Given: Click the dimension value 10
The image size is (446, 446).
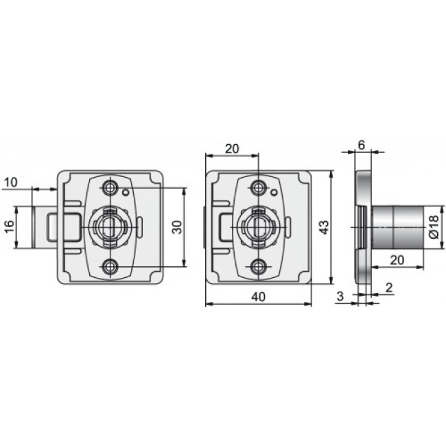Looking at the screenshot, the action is (11, 183).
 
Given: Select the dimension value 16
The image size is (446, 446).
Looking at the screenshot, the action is (10, 226).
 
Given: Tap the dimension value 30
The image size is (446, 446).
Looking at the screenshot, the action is (177, 226).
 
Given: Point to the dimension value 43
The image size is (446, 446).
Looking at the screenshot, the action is (324, 226).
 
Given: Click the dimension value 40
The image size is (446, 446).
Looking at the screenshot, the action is (258, 297).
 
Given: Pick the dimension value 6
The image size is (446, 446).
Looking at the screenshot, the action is (361, 145).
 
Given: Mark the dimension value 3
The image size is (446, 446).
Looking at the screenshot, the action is (340, 296).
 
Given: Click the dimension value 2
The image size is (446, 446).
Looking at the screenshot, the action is (389, 288).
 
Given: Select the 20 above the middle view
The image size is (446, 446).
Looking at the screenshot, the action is (232, 149).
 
